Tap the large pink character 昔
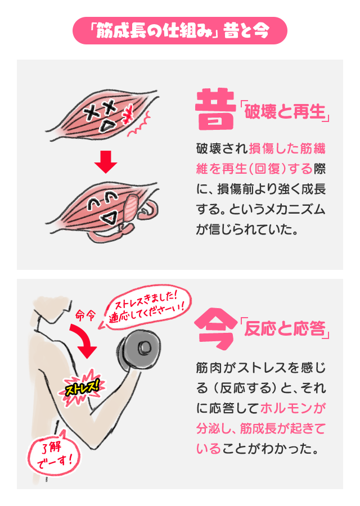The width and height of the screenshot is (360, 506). click(x=214, y=109)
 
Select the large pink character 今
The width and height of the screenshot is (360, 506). click(x=214, y=327)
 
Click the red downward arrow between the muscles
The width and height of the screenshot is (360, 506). click(x=106, y=161)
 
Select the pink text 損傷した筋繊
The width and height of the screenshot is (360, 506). click(x=286, y=149)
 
